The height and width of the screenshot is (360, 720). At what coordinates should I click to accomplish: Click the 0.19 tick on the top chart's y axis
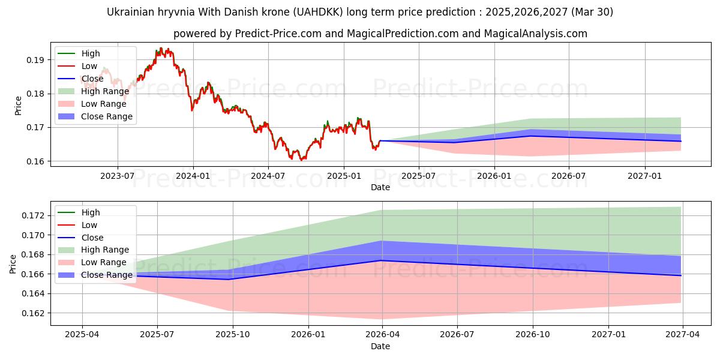click(35, 60)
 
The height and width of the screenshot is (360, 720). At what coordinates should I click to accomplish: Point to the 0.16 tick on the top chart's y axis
click(35, 161)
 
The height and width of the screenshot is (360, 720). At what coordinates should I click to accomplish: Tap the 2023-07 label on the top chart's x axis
click(117, 176)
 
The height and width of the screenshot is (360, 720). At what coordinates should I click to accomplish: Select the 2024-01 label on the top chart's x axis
click(193, 176)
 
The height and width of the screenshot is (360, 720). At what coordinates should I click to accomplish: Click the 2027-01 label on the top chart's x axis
click(645, 176)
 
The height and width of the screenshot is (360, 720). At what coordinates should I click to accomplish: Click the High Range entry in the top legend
click(105, 91)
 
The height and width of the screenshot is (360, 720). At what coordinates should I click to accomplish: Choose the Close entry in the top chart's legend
click(92, 79)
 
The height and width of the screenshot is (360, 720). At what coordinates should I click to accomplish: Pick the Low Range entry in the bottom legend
click(104, 262)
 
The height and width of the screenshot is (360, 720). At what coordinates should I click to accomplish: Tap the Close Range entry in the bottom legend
click(107, 275)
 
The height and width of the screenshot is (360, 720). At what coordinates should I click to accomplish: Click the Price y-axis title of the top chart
click(18, 106)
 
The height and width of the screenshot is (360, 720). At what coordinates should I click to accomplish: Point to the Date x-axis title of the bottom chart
click(380, 346)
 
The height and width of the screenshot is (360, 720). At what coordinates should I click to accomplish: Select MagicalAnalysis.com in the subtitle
click(539, 34)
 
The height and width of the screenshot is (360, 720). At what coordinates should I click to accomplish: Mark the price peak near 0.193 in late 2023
click(161, 49)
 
